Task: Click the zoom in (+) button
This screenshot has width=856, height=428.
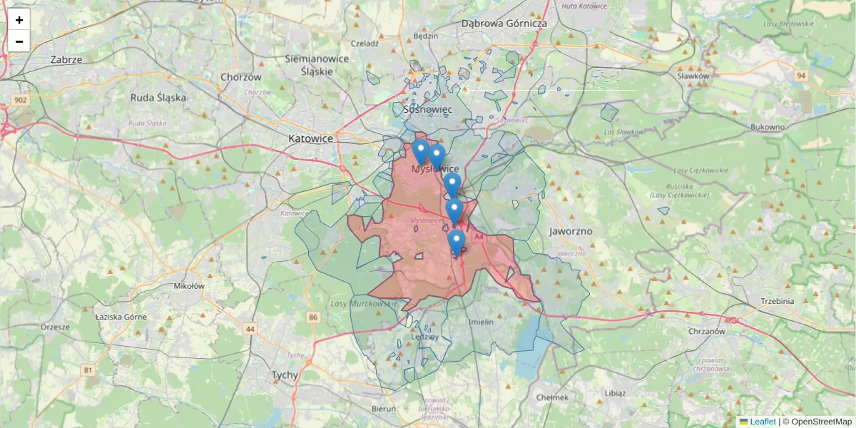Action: pyautogui.click(x=19, y=20)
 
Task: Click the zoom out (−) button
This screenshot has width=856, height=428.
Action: pyautogui.click(x=19, y=41)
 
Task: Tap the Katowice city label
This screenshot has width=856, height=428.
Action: pyautogui.click(x=310, y=138)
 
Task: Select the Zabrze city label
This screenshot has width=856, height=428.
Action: pyautogui.click(x=66, y=60)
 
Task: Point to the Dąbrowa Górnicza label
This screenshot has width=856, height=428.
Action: pyautogui.click(x=504, y=23)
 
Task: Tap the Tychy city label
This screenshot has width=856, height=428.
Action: pyautogui.click(x=285, y=374)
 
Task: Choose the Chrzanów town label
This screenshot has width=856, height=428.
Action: pyautogui.click(x=707, y=331)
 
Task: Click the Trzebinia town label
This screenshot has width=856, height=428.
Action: pyautogui.click(x=777, y=301)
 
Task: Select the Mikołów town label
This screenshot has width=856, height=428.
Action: pyautogui.click(x=189, y=286)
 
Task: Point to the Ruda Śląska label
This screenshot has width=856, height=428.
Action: pyautogui.click(x=158, y=98)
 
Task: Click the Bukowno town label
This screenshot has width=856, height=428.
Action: pyautogui.click(x=768, y=127)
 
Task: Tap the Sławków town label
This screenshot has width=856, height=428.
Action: pyautogui.click(x=693, y=76)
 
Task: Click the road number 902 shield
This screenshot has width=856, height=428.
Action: pyautogui.click(x=19, y=101)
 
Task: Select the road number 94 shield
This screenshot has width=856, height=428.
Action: pyautogui.click(x=802, y=76)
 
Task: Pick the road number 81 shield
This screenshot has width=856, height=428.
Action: pyautogui.click(x=88, y=370)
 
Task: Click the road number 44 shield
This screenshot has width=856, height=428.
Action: pyautogui.click(x=250, y=329)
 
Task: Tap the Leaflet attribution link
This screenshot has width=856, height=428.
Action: pyautogui.click(x=762, y=422)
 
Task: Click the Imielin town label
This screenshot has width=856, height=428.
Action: pyautogui.click(x=481, y=322)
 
